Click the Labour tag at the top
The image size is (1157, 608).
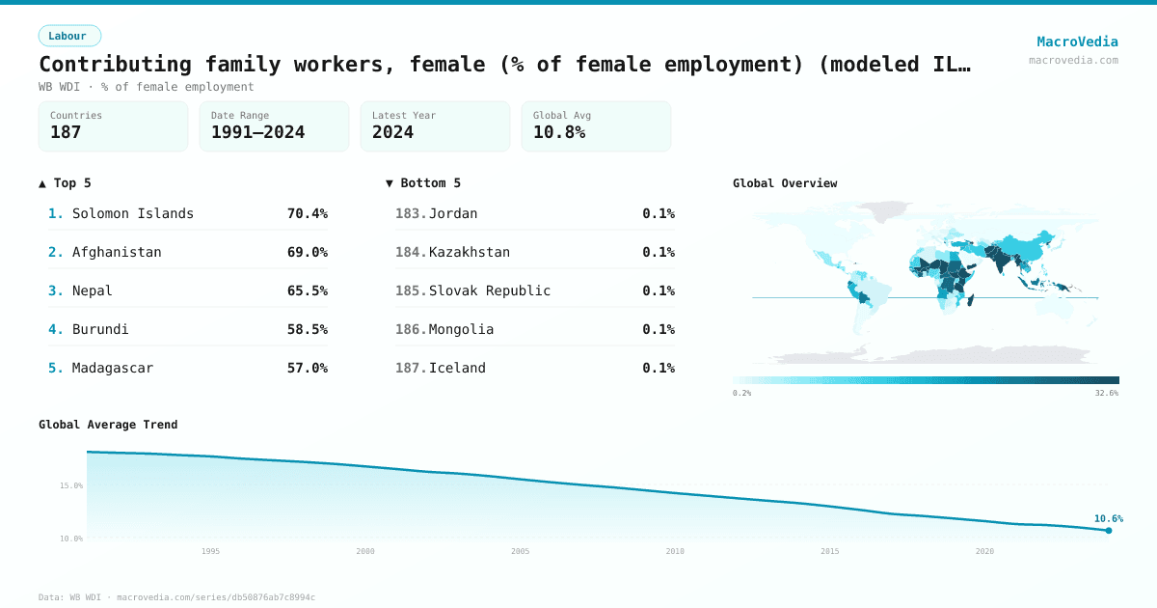68,36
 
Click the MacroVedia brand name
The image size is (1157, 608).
1077,41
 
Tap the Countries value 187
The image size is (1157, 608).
66,132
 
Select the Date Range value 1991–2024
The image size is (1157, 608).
257,132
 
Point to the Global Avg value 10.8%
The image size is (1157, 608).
559,132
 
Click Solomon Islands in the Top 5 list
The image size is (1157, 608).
133,213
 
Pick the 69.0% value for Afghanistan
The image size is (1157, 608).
307,252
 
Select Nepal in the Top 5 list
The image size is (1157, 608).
93,290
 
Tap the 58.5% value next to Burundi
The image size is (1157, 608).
307,329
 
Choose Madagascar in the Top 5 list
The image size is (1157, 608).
113,368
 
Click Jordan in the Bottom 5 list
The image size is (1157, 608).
453,213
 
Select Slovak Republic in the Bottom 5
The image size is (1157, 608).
490,290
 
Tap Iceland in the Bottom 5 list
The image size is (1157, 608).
457,368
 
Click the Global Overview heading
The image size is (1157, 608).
785,182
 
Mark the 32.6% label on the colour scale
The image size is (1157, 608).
1107,393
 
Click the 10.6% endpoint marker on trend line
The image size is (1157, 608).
1109,530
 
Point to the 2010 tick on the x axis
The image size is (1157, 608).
675,551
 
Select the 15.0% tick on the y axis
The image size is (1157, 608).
71,485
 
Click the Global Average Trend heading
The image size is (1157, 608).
108,424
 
